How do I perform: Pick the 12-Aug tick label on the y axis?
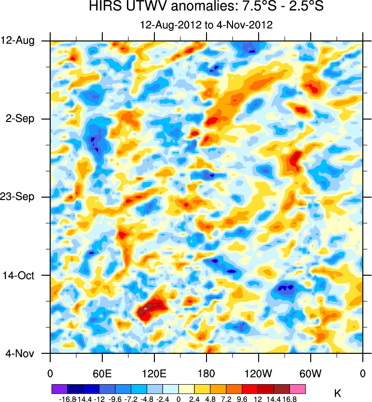(18, 40)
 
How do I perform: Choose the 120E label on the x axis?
(154, 373)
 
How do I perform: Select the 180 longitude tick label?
(207, 373)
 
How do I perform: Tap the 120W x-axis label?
(259, 373)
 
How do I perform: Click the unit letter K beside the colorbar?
(337, 394)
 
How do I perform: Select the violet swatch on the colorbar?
(59, 388)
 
